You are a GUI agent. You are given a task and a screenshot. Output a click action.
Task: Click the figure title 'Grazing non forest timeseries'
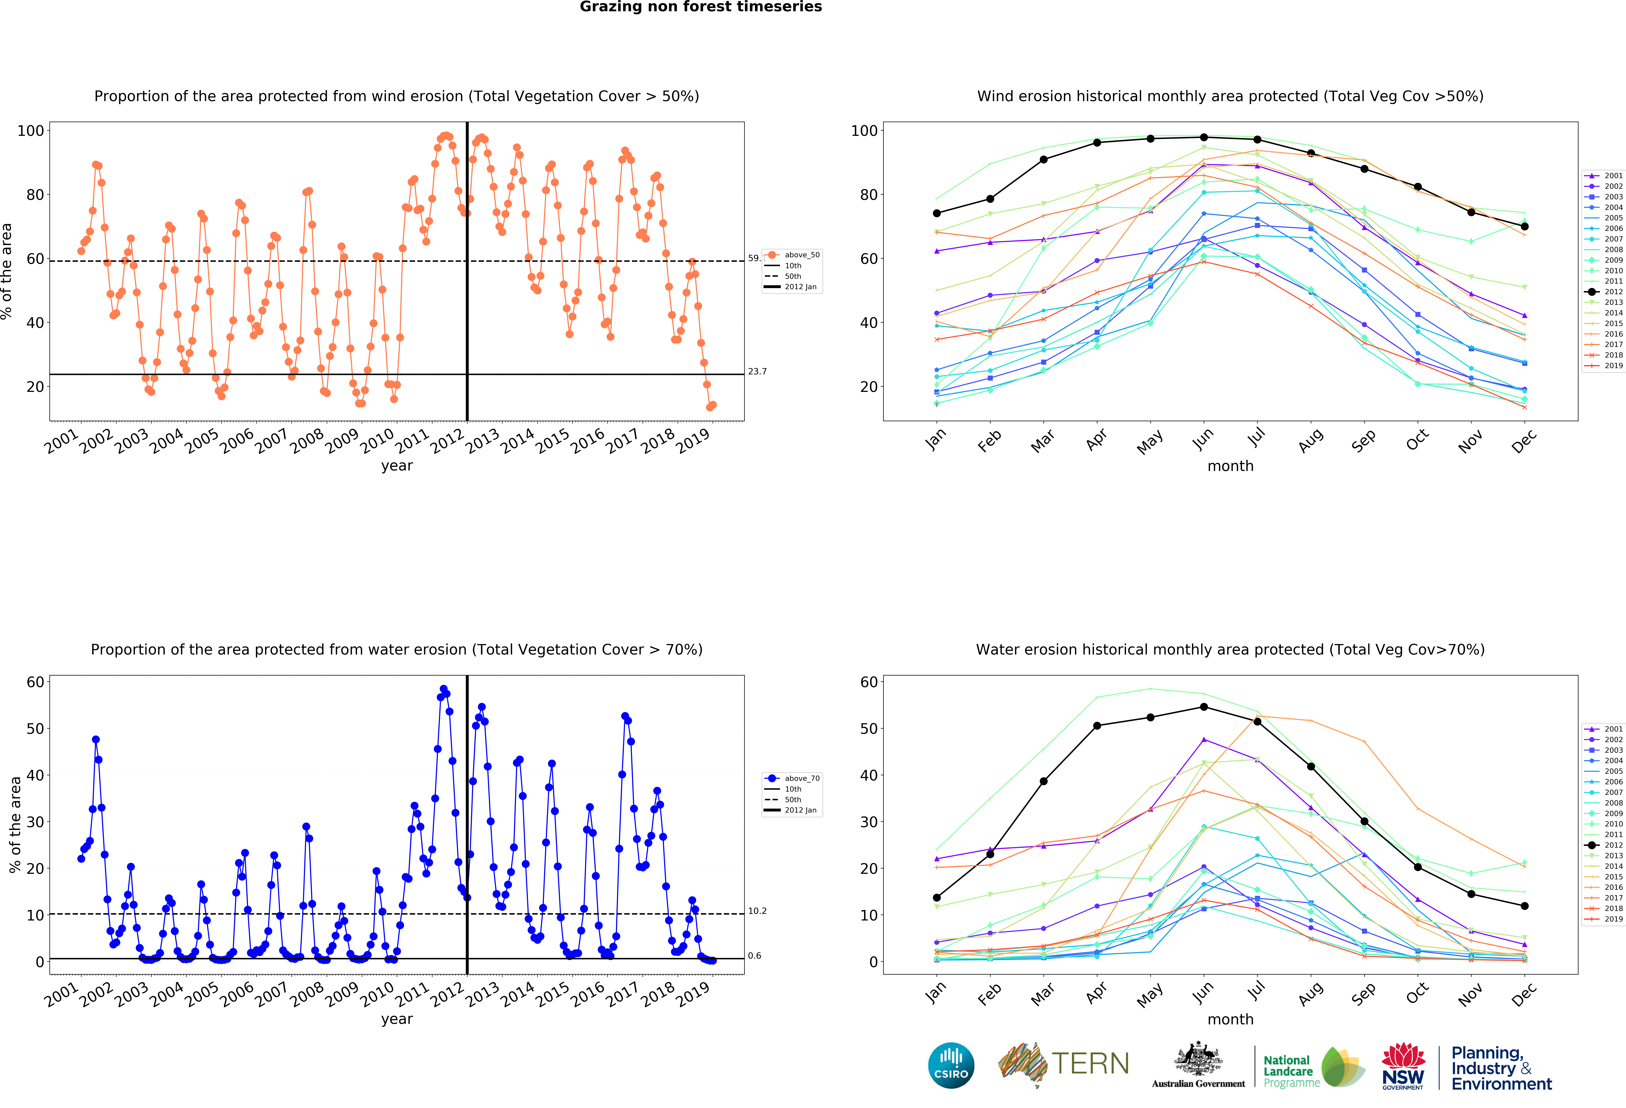(x=700, y=7)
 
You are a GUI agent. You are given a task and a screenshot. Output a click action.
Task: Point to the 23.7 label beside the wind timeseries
(x=757, y=371)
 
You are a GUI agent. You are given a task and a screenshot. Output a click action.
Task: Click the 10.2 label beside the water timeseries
(x=757, y=911)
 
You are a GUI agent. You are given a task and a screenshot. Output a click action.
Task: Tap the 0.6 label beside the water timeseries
(x=754, y=956)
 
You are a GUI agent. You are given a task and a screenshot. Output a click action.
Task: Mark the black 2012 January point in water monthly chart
(x=937, y=897)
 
